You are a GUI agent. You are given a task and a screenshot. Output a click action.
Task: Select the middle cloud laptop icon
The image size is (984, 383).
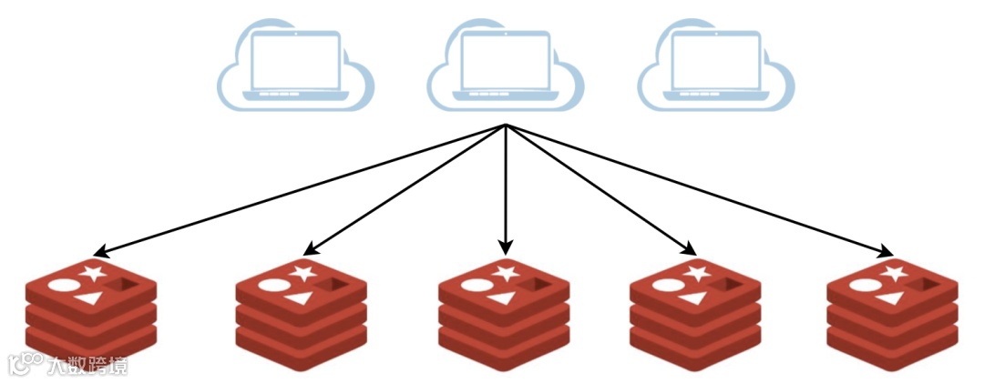click(x=505, y=66)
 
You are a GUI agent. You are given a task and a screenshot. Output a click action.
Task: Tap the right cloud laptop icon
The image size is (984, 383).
click(x=715, y=66)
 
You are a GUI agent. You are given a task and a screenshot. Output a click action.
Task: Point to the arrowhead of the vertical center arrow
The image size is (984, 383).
click(x=506, y=247)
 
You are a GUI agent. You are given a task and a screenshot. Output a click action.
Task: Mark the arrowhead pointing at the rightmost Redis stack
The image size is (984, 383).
click(x=886, y=252)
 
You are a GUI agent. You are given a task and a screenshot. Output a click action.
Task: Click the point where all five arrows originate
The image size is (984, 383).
click(x=506, y=126)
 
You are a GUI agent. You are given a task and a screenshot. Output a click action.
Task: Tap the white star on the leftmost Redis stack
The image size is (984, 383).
click(x=90, y=270)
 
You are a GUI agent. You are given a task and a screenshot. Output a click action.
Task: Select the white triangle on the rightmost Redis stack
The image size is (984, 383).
click(x=889, y=297)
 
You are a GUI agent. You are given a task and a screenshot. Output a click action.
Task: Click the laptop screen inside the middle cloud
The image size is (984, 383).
click(x=505, y=59)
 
